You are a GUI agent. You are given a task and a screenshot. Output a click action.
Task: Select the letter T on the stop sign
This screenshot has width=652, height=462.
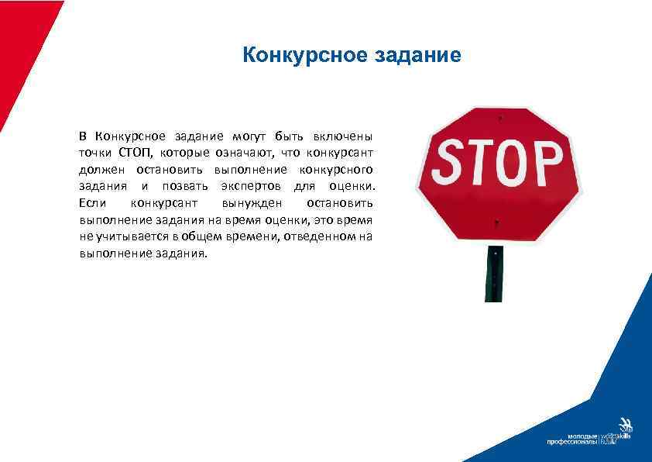481,163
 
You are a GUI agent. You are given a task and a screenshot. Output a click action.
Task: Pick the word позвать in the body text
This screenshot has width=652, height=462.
184,186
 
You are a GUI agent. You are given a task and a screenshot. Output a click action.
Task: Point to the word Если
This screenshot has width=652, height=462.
92,203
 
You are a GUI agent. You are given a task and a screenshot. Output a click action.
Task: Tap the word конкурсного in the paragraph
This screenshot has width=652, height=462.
338,169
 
